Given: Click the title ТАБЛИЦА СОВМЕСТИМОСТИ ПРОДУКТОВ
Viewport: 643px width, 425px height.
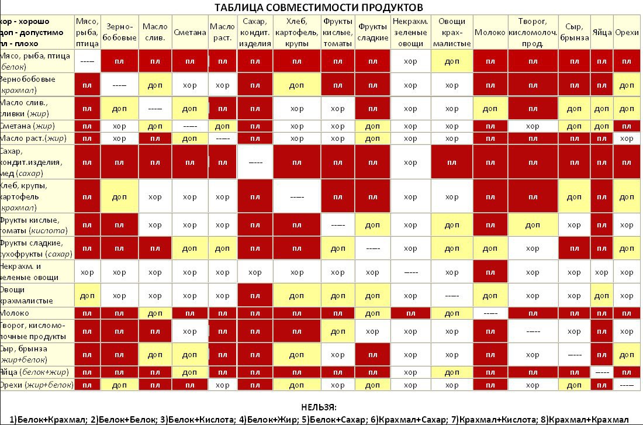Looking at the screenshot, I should point(319,8).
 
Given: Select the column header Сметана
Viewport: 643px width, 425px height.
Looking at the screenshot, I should point(190,33).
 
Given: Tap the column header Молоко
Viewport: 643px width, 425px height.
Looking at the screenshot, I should point(490,33).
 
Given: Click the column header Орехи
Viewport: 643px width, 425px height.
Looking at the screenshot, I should point(627,33).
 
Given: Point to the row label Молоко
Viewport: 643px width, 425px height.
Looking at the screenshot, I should point(18,313).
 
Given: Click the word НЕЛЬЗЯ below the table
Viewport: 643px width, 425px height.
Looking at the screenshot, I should point(319,407).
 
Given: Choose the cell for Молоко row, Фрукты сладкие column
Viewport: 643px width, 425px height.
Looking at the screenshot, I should point(373,313).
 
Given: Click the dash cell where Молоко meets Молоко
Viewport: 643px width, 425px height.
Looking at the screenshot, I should point(490,313).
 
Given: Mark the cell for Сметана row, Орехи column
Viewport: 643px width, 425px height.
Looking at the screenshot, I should point(627,126).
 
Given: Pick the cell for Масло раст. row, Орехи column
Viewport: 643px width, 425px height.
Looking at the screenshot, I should point(627,139).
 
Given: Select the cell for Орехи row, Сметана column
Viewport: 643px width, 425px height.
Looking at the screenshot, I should point(190,385).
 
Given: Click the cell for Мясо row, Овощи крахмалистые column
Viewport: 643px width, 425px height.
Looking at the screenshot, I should point(452,61).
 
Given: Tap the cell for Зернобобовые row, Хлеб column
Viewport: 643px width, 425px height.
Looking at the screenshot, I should point(297,85).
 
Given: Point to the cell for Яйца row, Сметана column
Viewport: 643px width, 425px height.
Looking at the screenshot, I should point(190,372).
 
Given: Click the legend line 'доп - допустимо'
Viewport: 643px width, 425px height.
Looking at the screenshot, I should point(33,33).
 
